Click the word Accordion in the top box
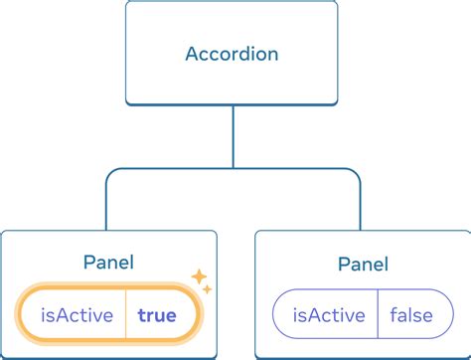click(234, 53)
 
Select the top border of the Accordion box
click(234, 3)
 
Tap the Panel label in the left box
click(109, 263)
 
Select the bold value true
click(157, 316)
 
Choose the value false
click(411, 316)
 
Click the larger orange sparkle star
click(199, 276)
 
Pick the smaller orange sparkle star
click(208, 289)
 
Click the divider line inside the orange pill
click(125, 316)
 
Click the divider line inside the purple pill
click(379, 316)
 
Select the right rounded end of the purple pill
click(444, 316)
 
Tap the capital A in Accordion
click(193, 53)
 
